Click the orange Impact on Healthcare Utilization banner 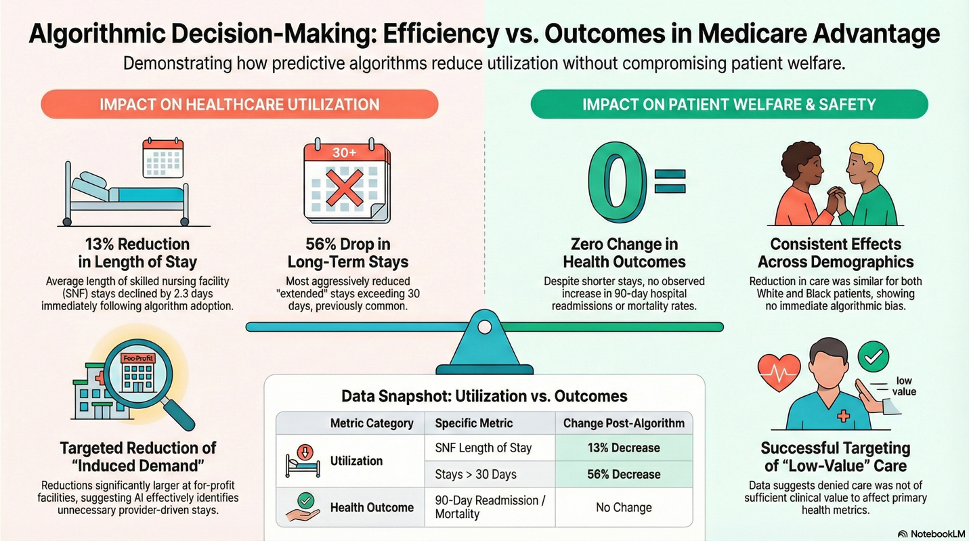click(239, 105)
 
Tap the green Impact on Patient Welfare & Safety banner click(729, 105)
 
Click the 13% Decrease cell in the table click(623, 448)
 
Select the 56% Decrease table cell click(623, 474)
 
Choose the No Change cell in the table click(623, 507)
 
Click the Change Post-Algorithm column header click(623, 423)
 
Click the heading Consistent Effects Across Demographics click(835, 253)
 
